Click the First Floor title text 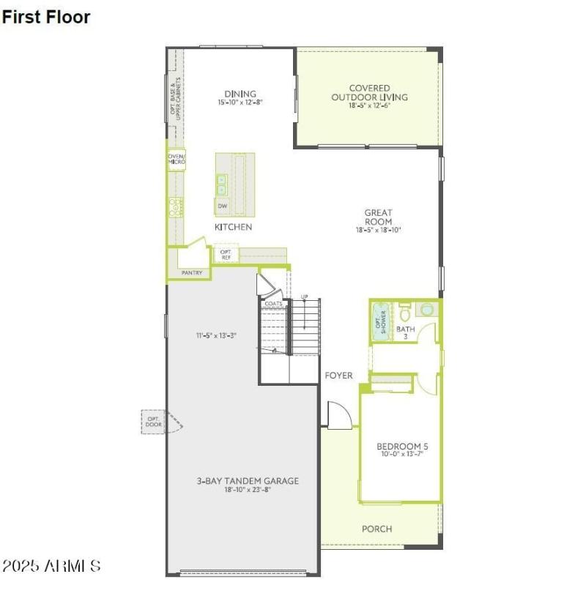[46, 17]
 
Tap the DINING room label [240, 94]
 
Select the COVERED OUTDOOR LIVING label [369, 93]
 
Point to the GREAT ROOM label [378, 217]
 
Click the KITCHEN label [233, 227]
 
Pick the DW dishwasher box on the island [222, 206]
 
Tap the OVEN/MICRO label [177, 159]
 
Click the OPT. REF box [226, 255]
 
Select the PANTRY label [192, 273]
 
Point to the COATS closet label [274, 303]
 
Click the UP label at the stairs [304, 296]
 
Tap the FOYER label [338, 376]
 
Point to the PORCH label [377, 529]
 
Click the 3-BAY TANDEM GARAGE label [247, 481]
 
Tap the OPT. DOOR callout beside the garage [154, 420]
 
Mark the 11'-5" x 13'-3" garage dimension [215, 336]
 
